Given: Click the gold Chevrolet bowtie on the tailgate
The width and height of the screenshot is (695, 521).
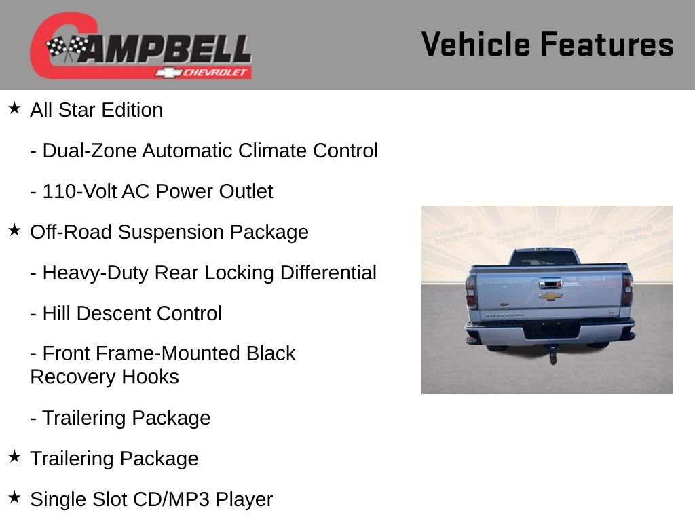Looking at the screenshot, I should (550, 296).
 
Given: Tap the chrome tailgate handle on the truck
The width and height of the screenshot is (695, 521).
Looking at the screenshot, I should (550, 283).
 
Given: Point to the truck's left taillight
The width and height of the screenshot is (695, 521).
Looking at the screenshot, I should (471, 291).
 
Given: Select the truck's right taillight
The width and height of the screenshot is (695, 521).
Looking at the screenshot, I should (627, 290).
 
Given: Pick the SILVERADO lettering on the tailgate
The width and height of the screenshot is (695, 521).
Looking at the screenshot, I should (504, 314).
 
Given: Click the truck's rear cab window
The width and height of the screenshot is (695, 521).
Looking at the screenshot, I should (543, 258).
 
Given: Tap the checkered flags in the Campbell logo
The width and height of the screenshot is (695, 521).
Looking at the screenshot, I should (67, 48).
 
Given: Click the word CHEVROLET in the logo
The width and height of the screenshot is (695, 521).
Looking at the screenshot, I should (217, 72).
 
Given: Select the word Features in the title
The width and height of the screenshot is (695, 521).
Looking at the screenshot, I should (607, 44).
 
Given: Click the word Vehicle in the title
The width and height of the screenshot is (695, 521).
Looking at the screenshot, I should (475, 44).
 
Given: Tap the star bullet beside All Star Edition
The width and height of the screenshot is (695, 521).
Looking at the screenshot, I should (14, 109).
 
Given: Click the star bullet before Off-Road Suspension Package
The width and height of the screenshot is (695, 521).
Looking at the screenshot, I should (14, 231).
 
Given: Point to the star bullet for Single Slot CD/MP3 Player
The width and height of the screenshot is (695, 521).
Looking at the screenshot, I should (14, 498).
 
